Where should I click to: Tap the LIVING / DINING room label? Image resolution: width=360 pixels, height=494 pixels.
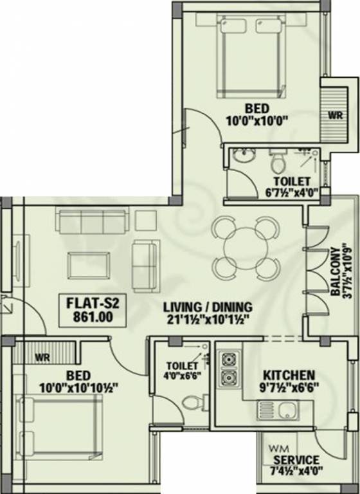click(x=207, y=307)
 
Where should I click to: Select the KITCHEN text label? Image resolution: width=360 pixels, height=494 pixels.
click(x=288, y=375)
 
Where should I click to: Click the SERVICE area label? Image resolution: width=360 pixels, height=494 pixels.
click(x=295, y=460)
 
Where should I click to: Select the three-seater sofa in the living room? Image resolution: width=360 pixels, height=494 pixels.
click(x=90, y=221)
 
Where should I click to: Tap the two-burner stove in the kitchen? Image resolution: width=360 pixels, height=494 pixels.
click(x=228, y=369)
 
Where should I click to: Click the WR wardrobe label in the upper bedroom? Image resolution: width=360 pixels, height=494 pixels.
click(x=334, y=116)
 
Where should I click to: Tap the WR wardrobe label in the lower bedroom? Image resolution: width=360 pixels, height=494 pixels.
click(x=43, y=355)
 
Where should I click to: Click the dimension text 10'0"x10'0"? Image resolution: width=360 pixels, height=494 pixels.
click(x=256, y=120)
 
